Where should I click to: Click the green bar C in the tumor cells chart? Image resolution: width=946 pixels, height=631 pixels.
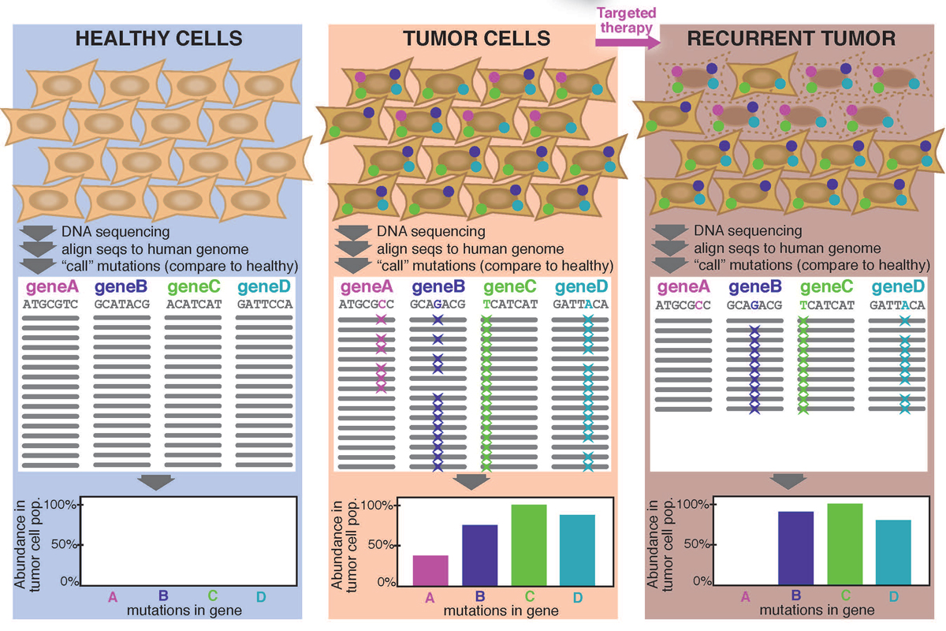[x=529, y=544]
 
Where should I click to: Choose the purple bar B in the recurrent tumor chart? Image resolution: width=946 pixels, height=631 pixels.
[x=795, y=547]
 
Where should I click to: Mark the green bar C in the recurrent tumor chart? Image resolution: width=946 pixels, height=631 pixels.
[x=844, y=543]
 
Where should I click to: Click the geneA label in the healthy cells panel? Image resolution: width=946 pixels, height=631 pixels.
[x=51, y=287]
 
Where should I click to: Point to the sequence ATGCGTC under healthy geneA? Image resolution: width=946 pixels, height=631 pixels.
[x=51, y=303]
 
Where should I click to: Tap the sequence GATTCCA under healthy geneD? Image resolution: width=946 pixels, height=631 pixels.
[x=264, y=303]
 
